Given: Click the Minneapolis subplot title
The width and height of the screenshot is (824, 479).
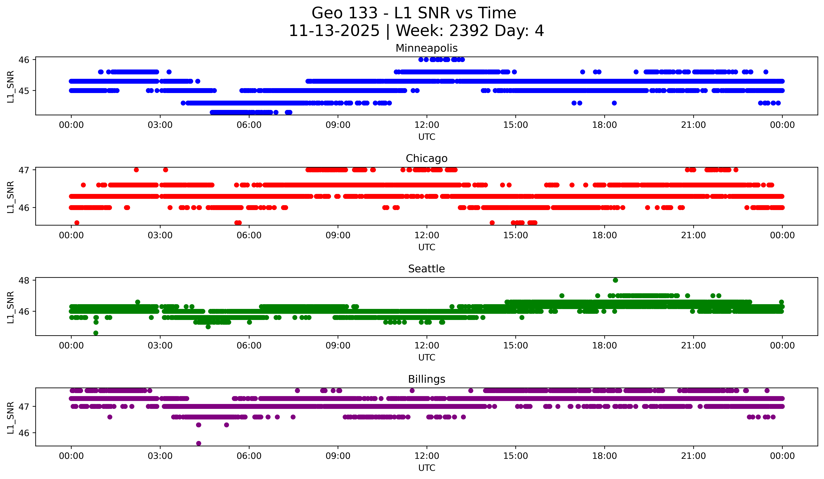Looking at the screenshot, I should (x=426, y=48).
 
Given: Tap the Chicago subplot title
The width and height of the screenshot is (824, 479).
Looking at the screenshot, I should (x=426, y=158).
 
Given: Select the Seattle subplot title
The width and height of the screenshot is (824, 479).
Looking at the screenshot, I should (x=426, y=269).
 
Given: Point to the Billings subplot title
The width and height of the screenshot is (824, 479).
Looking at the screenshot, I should (x=426, y=379).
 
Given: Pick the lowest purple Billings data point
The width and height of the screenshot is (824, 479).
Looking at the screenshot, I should (x=199, y=443).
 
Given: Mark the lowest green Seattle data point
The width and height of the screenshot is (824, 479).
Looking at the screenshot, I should (x=96, y=333).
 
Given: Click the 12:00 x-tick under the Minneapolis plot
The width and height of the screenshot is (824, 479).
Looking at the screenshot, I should (x=427, y=125).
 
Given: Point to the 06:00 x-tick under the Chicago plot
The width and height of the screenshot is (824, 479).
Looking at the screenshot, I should (x=249, y=235).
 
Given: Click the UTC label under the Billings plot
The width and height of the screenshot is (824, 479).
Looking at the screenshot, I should (x=427, y=468).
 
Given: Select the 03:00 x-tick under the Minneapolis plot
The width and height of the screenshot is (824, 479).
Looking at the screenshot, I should (x=160, y=125).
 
